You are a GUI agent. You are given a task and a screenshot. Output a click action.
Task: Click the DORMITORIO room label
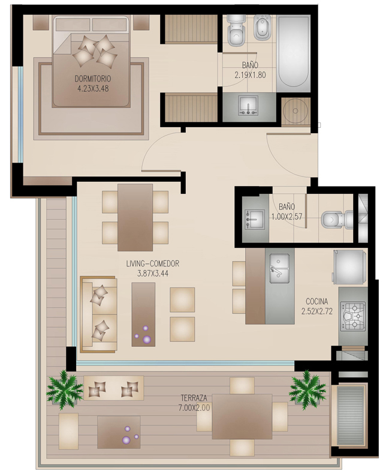pos(93,79)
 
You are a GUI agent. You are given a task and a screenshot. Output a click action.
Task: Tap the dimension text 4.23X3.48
pos(93,89)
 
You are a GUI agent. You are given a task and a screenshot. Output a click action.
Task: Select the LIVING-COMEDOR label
pos(152,263)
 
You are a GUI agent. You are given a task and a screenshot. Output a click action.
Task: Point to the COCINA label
pos(316,301)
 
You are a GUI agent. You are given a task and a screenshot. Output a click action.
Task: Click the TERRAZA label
pos(194,398)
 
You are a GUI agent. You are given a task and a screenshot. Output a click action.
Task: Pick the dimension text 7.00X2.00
pos(194,407)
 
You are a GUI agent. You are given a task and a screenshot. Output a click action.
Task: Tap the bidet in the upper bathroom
pos(263,28)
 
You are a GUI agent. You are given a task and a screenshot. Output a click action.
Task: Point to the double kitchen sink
pos(279,269)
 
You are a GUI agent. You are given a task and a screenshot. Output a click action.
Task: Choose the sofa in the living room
pos(98,314)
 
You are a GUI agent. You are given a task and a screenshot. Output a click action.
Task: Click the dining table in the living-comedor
pos(135,217)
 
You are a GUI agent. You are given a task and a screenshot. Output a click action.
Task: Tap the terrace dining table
pos(242,417)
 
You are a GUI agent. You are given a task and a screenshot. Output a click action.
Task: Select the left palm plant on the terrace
pos(64,389)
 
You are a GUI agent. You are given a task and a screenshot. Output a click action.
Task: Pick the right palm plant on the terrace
pos(307,389)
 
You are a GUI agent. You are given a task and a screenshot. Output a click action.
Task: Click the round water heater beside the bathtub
pos(295,110)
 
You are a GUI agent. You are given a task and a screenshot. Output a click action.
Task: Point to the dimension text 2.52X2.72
pos(316,311)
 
